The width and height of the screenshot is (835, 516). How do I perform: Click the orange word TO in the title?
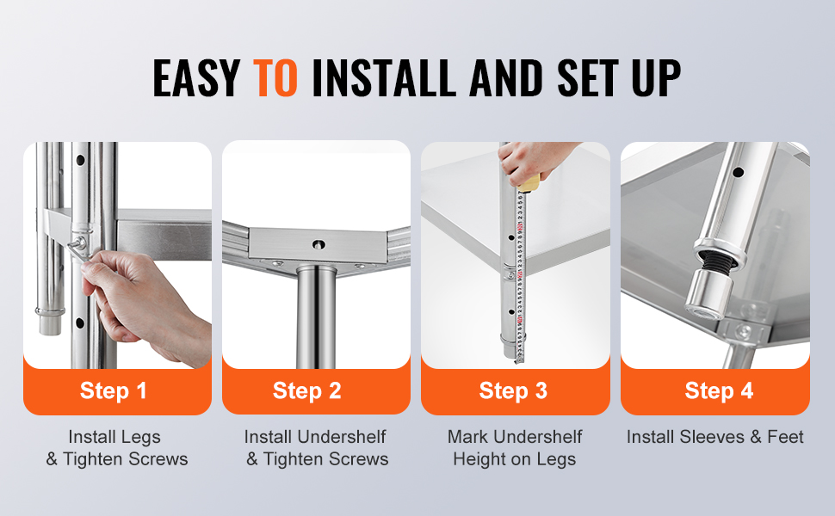coord(275,77)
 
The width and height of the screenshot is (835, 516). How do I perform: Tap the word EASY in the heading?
coord(196,77)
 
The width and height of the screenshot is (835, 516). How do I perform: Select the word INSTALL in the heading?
coord(383,77)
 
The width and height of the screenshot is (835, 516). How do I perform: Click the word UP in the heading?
coord(656,77)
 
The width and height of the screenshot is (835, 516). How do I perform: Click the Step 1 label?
coord(113,391)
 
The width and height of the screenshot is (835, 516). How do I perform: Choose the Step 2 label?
coord(306,391)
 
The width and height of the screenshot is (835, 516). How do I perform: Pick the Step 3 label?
coord(513,391)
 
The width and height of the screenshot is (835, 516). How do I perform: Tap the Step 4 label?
coord(719,391)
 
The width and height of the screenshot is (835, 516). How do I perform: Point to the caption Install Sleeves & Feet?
coord(714,437)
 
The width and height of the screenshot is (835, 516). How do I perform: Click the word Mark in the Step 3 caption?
coord(467,437)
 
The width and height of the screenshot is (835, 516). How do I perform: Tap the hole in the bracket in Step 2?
coord(319,244)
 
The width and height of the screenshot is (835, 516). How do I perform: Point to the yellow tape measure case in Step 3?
coord(529,183)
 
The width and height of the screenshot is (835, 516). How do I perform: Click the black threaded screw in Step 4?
coord(716,260)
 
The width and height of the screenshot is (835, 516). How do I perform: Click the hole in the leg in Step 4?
coord(738,172)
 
